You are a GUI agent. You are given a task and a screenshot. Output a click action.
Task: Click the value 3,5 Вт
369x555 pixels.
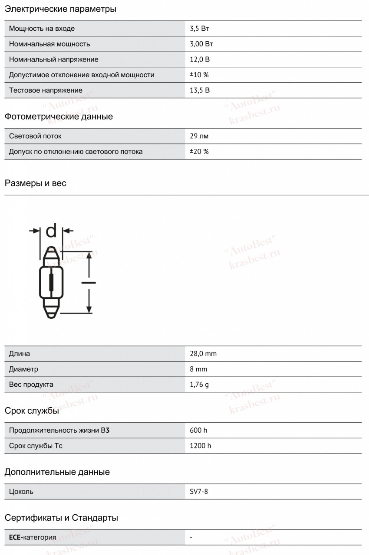click(200, 29)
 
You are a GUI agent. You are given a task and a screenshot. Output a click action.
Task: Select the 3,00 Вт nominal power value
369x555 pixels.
click(201, 44)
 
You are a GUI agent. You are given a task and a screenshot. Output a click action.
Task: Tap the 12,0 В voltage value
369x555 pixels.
click(200, 59)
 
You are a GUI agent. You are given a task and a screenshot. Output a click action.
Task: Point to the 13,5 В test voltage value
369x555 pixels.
click(200, 90)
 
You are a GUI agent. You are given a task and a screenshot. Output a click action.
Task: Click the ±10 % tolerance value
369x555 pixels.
click(199, 75)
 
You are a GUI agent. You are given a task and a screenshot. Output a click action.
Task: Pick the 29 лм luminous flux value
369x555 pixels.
click(199, 136)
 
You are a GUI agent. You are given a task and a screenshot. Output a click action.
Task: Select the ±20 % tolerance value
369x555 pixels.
click(199, 151)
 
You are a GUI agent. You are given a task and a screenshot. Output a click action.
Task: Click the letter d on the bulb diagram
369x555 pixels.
click(51, 231)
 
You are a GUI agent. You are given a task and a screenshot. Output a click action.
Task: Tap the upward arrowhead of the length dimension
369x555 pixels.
click(89, 255)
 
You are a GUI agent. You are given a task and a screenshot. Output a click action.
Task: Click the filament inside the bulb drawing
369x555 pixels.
click(51, 283)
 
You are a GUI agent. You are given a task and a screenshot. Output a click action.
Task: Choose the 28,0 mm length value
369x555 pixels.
click(203, 354)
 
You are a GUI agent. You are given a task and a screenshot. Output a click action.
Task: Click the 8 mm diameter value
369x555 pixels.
click(198, 369)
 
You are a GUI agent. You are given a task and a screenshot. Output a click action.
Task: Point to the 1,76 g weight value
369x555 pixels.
click(199, 385)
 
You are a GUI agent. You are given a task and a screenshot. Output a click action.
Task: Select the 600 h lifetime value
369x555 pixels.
click(198, 430)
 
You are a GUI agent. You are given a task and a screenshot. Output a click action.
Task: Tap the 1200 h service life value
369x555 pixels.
click(201, 446)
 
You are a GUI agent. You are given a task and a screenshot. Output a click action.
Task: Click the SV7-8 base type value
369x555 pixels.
click(199, 492)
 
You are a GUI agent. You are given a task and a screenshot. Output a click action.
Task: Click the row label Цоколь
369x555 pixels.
click(21, 492)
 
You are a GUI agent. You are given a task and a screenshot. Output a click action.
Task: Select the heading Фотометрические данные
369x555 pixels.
click(59, 117)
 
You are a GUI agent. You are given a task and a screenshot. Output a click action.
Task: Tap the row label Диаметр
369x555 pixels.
click(23, 369)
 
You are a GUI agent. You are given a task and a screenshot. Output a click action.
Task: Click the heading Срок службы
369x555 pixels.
click(32, 411)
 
